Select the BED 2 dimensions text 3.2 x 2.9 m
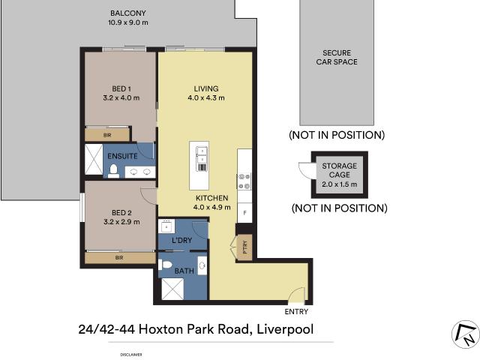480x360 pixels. click(121, 221)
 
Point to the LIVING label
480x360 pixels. click(205, 88)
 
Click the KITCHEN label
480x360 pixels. click(211, 198)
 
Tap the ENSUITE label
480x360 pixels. click(121, 156)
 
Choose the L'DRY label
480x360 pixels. click(183, 239)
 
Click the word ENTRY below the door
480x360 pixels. click(296, 311)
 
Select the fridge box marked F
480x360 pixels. click(244, 213)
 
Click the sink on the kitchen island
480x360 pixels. click(202, 154)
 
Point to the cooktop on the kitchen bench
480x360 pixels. click(244, 180)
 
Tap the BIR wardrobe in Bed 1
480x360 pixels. click(108, 135)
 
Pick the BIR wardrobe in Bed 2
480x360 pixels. click(120, 257)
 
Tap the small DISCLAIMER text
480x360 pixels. click(130, 354)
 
